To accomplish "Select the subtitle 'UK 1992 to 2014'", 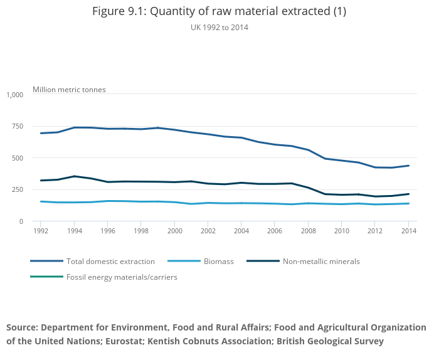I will click(x=219, y=27).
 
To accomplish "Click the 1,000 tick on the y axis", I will click(x=15, y=95).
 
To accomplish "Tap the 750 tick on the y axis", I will click(x=17, y=126).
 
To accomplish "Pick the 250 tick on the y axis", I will click(x=17, y=189).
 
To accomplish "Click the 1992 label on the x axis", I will click(x=41, y=230).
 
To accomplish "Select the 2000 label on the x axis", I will click(x=174, y=230).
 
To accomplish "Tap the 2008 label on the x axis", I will click(x=308, y=230).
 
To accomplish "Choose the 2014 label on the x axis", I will click(x=408, y=230).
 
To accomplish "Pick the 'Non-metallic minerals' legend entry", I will click(x=321, y=261).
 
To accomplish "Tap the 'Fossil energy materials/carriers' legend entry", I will click(x=122, y=277).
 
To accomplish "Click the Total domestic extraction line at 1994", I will click(x=74, y=127).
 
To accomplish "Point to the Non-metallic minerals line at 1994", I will click(x=74, y=176).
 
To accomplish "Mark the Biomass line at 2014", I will click(x=408, y=203).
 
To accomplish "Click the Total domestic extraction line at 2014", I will click(x=408, y=166).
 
